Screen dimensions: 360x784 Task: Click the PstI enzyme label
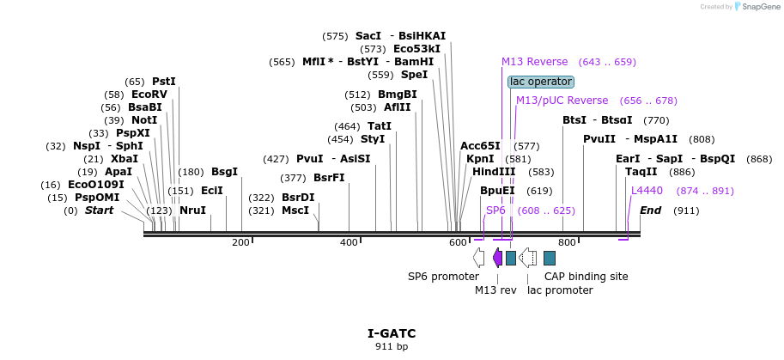pyautogui.click(x=163, y=81)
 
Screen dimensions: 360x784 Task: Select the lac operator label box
pyautogui.click(x=540, y=82)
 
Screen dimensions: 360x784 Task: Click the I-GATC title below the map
pyautogui.click(x=392, y=333)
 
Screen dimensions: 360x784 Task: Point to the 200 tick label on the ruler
pyautogui.click(x=240, y=242)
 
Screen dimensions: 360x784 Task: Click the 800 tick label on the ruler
pyautogui.click(x=567, y=242)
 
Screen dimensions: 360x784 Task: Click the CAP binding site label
pyautogui.click(x=586, y=277)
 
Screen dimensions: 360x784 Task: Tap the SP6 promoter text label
pyautogui.click(x=443, y=277)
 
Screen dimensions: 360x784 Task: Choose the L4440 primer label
pyautogui.click(x=647, y=191)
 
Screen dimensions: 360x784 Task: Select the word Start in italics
pyautogui.click(x=99, y=211)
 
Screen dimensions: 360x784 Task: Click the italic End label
pyautogui.click(x=651, y=211)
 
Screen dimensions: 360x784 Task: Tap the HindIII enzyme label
pyautogui.click(x=493, y=172)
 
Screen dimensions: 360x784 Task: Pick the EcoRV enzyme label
pyautogui.click(x=149, y=95)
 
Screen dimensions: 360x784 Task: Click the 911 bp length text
pyautogui.click(x=392, y=347)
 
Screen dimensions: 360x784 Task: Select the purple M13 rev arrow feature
pyautogui.click(x=497, y=258)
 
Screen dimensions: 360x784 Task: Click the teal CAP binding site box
pyautogui.click(x=550, y=258)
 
